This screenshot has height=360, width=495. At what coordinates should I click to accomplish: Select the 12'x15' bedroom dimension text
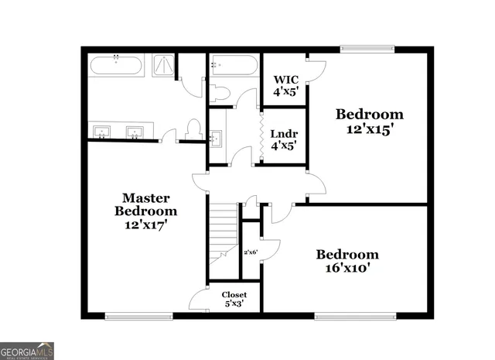370,130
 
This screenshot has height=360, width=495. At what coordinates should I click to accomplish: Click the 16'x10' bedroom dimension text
347,269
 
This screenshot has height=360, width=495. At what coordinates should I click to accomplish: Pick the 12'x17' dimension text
145,225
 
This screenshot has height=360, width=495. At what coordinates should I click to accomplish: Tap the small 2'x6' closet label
251,252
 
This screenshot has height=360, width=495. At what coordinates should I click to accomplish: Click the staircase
224,232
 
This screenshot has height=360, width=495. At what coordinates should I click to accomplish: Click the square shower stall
163,65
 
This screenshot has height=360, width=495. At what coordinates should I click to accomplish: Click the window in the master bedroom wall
138,314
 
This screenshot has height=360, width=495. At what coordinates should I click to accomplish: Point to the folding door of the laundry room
260,136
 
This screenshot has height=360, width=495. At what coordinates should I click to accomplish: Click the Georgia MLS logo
28,350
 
